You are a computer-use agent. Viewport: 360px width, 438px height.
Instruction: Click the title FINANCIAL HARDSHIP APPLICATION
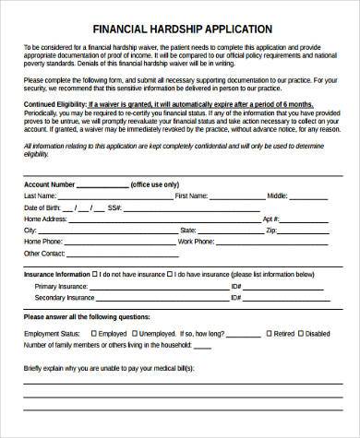pyautogui.click(x=181, y=30)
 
